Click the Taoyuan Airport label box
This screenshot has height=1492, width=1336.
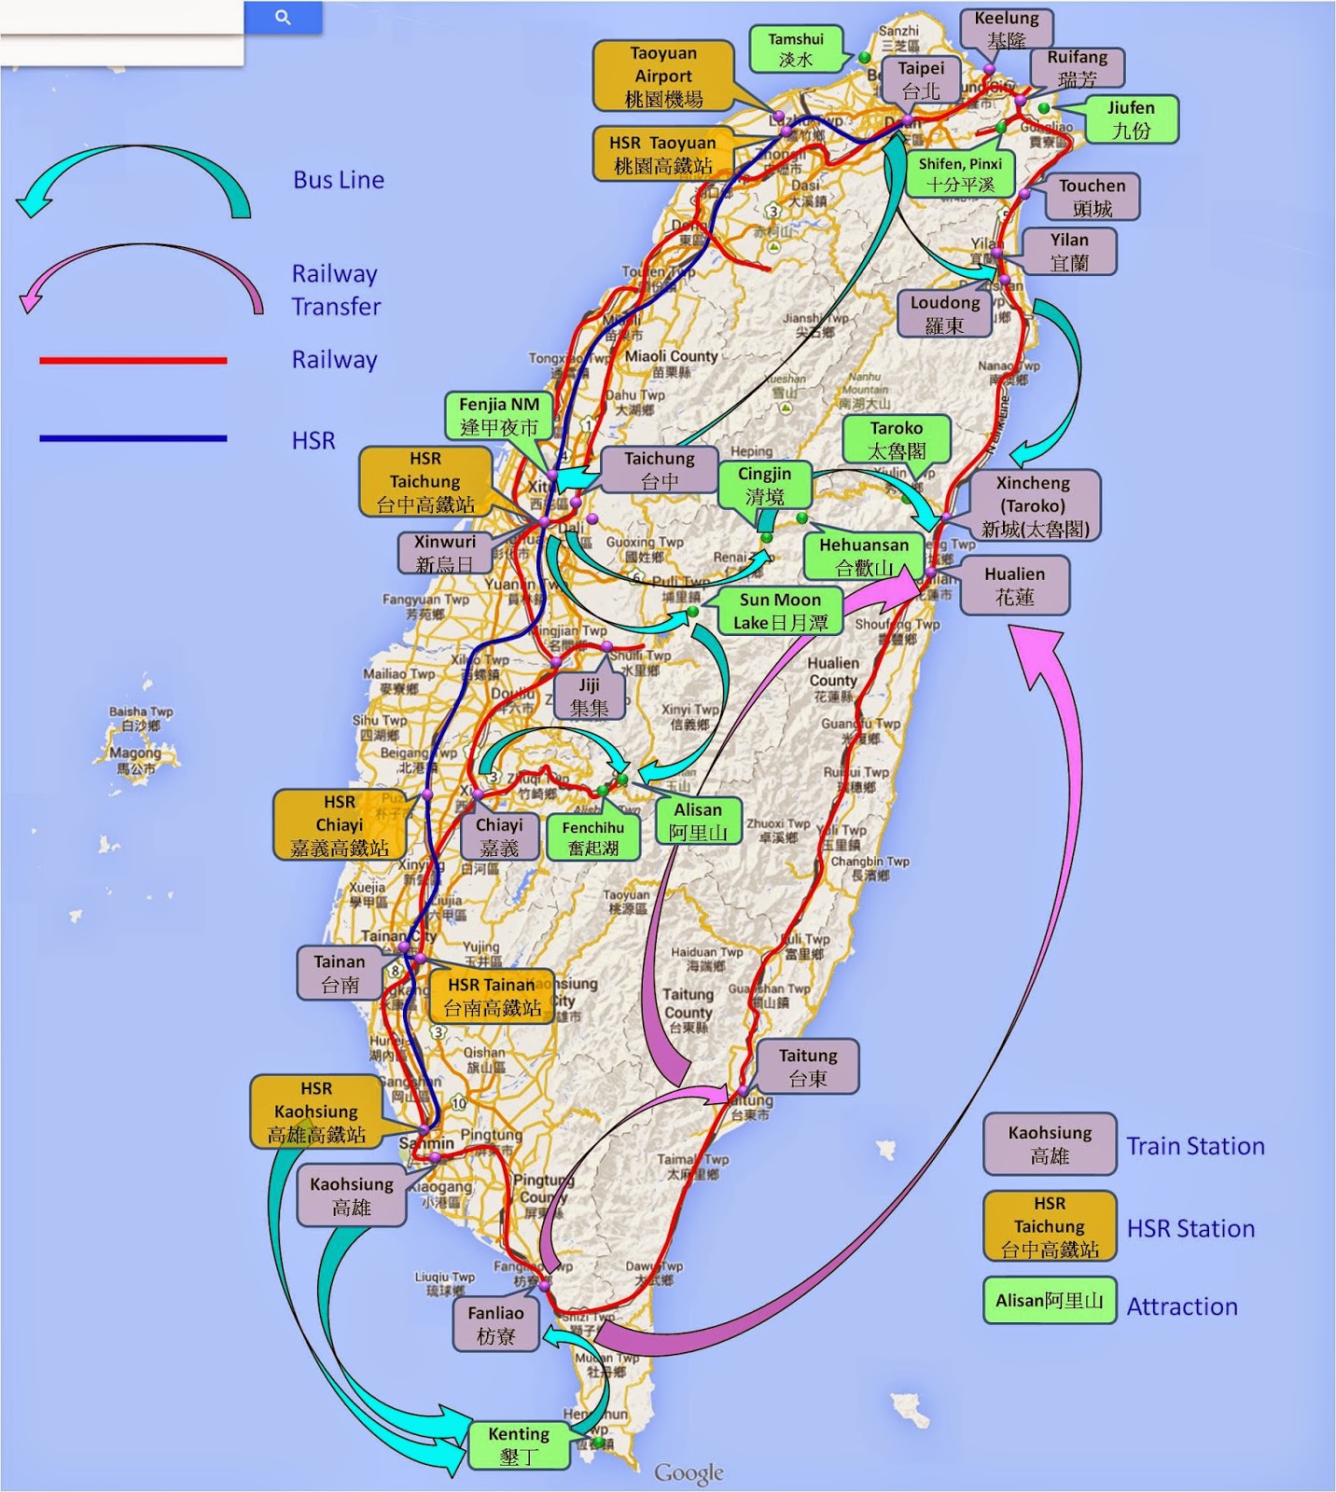point(662,76)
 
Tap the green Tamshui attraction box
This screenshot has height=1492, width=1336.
point(796,49)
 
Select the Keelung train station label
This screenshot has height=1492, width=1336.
point(1006,30)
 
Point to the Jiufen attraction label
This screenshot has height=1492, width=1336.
point(1131,119)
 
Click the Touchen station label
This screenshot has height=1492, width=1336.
point(1092,197)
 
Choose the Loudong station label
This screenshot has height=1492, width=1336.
point(944,314)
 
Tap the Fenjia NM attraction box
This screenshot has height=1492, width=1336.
point(499,416)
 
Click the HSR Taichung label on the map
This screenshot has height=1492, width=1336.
point(425,481)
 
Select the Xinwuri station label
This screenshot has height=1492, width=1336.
point(444,553)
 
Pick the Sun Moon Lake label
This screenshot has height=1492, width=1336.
point(780,611)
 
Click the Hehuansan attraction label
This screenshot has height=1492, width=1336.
point(863,556)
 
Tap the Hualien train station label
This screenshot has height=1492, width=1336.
point(1013,586)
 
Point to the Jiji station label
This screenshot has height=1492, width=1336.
point(589,697)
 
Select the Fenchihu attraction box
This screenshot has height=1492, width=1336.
point(593,837)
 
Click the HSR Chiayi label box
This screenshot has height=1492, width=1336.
point(339,824)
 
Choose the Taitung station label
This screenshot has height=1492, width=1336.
point(808,1067)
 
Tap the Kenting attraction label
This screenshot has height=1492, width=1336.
point(519,1445)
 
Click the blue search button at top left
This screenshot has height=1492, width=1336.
point(283,17)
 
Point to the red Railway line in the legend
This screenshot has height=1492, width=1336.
point(132,360)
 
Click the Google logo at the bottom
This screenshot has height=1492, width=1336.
point(689,1472)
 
